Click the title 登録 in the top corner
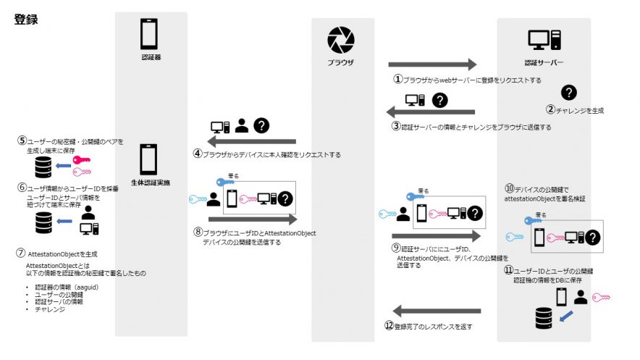click(25, 20)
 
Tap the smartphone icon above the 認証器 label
click(148, 33)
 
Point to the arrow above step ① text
click(432, 64)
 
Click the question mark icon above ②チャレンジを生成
click(570, 92)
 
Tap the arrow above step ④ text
click(252, 141)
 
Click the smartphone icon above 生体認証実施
click(148, 159)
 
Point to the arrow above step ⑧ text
click(252, 218)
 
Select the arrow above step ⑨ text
click(432, 236)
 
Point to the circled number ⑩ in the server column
click(509, 188)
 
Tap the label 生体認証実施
click(150, 183)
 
